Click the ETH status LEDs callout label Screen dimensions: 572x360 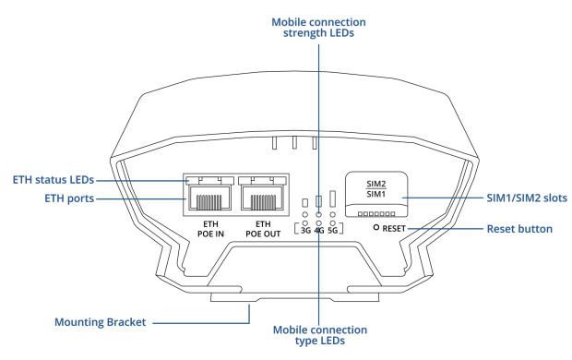(54, 180)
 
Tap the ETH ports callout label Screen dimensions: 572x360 (69, 198)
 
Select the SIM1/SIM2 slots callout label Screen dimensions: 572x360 (527, 198)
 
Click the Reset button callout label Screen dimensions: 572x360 (519, 229)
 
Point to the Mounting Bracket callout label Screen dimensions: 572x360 (100, 322)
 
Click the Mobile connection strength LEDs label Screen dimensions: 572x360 (318, 28)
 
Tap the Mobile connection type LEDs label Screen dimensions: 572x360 (320, 335)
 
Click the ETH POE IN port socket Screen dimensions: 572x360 (209, 198)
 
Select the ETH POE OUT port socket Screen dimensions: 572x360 (263, 198)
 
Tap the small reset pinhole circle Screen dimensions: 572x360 (376, 227)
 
